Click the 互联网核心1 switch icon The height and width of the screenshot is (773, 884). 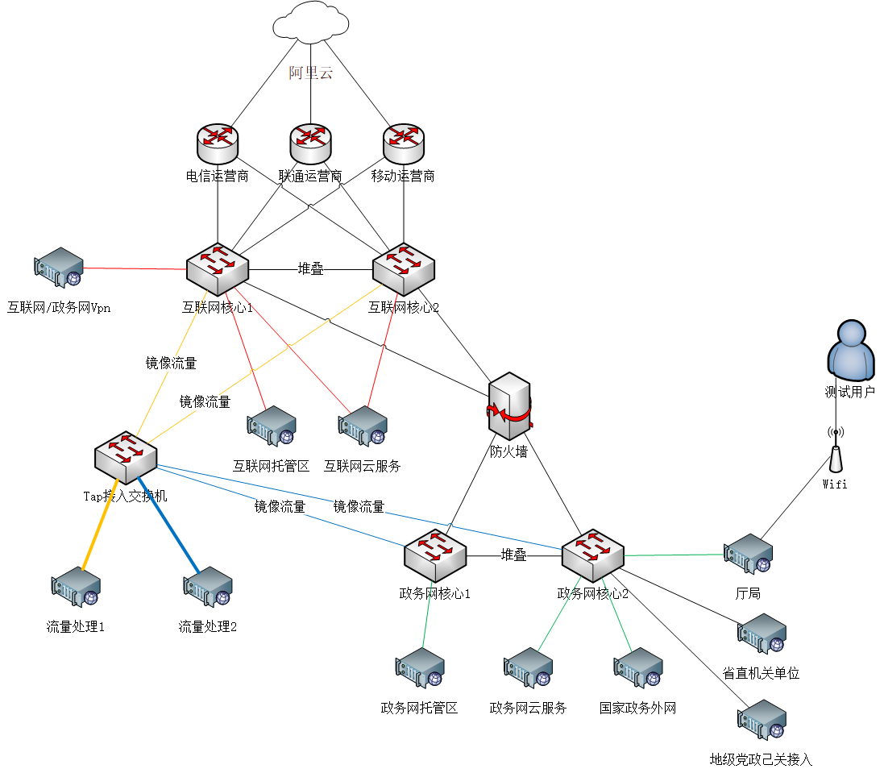click(x=218, y=268)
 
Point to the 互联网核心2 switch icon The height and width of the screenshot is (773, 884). click(x=404, y=268)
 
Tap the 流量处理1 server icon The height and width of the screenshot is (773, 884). click(x=76, y=587)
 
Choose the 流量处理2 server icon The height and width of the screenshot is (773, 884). click(x=208, y=587)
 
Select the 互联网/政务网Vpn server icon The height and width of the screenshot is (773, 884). click(x=59, y=268)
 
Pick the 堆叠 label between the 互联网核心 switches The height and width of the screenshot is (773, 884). click(x=311, y=269)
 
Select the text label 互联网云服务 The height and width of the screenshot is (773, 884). click(x=362, y=466)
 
